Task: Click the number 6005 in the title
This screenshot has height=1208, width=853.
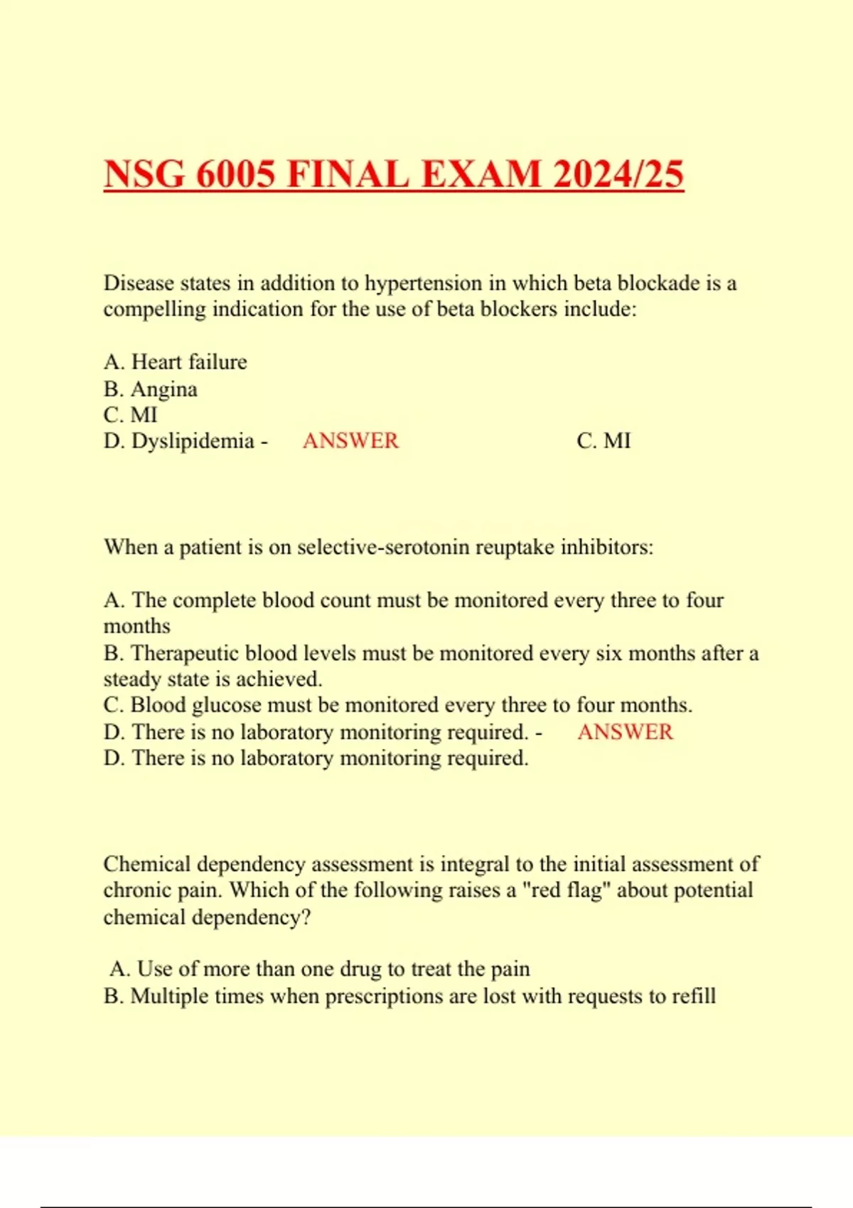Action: (x=235, y=174)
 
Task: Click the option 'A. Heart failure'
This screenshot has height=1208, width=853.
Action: (x=176, y=362)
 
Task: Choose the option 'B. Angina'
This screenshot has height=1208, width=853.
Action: (x=151, y=389)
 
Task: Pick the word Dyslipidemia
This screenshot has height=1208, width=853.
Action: (x=193, y=441)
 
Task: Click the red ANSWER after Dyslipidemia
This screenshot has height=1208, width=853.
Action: (x=350, y=441)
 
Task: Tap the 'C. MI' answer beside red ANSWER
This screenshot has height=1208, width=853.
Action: (x=603, y=441)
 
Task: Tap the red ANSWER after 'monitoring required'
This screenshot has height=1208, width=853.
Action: (x=625, y=732)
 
